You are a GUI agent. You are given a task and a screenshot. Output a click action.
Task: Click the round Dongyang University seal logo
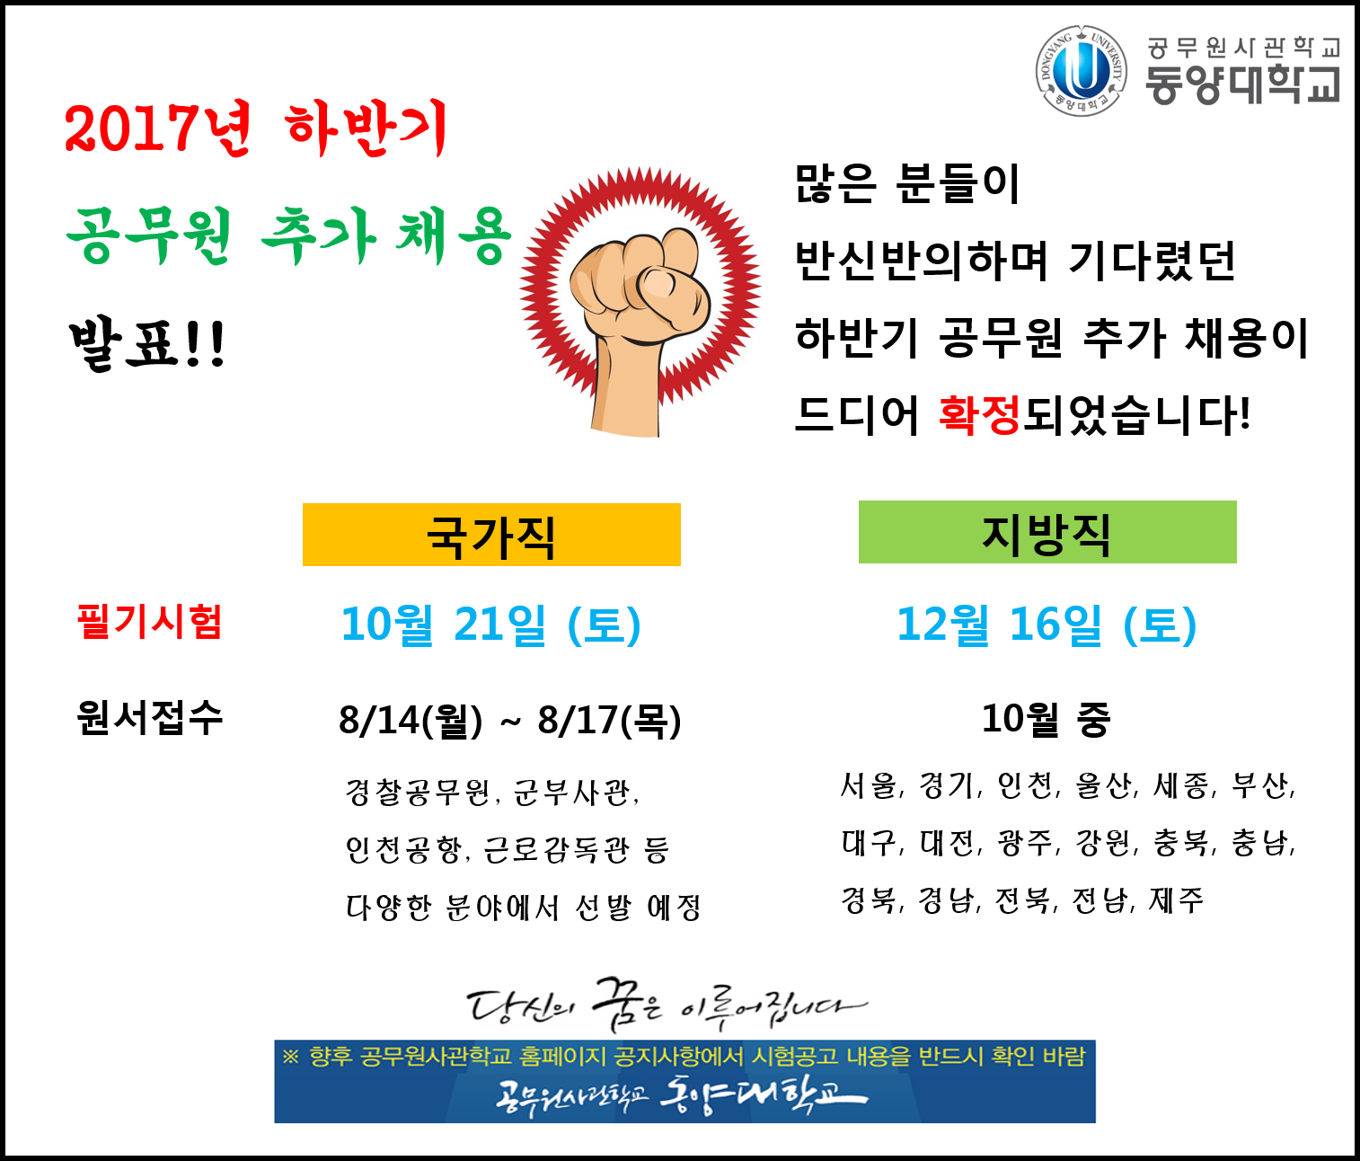click(x=1081, y=71)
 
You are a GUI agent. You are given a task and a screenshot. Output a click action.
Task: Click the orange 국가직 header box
click(x=491, y=535)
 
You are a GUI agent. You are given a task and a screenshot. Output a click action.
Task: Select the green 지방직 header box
click(x=1047, y=532)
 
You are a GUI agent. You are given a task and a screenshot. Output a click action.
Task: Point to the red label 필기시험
click(x=150, y=621)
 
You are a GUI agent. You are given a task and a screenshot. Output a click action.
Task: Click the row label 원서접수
click(x=150, y=717)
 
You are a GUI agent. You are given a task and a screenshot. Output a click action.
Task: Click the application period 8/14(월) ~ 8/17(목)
click(x=510, y=720)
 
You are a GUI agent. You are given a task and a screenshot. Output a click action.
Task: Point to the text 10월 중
click(x=1046, y=718)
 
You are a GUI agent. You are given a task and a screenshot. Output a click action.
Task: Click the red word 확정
click(x=979, y=414)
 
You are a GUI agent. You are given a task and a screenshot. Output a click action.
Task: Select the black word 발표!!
click(x=147, y=345)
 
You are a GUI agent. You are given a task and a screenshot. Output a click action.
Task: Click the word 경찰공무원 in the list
click(x=418, y=792)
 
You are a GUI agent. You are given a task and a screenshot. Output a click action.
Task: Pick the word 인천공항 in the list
click(x=403, y=850)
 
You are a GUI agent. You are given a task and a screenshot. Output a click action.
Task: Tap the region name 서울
click(x=869, y=785)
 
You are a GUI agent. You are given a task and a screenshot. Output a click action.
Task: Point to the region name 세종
click(x=1180, y=785)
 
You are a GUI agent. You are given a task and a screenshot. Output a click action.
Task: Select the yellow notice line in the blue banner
click(x=684, y=1057)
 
